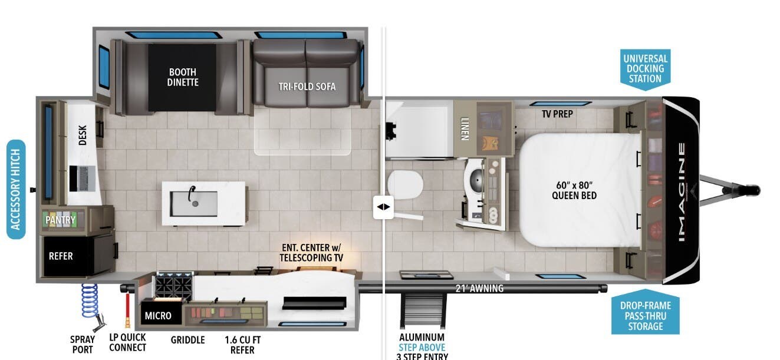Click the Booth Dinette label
pyautogui.click(x=183, y=77)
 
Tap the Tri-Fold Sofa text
pyautogui.click(x=307, y=87)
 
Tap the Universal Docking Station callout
pyautogui.click(x=645, y=68)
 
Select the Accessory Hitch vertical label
pyautogui.click(x=15, y=189)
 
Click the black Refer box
pyautogui.click(x=62, y=256)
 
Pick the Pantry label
pyautogui.click(x=61, y=220)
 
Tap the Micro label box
pyautogui.click(x=158, y=316)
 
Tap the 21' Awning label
pyautogui.click(x=479, y=288)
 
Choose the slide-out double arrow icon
pyautogui.click(x=384, y=207)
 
